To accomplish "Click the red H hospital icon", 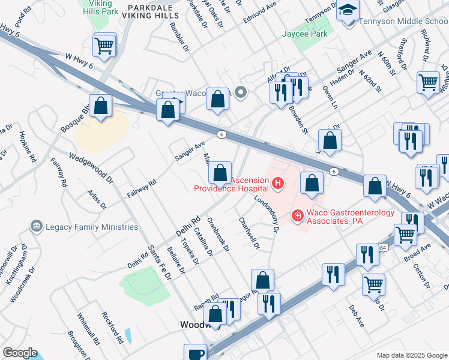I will click(277, 184).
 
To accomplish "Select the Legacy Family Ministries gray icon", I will click(36, 226).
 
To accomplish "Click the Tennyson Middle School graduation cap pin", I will click(348, 10).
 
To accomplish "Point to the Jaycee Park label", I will click(305, 34).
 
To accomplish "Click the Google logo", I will click(20, 353).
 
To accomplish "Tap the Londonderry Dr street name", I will click(267, 213).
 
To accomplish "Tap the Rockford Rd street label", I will click(112, 326).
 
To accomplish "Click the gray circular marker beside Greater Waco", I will click(241, 92).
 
